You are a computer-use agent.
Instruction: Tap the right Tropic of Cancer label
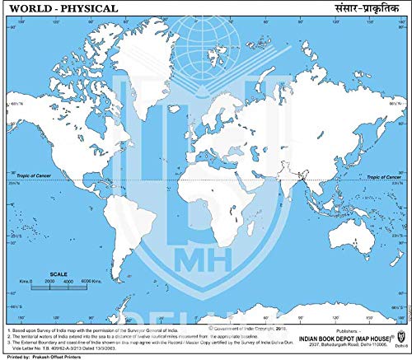pos(384,176)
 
